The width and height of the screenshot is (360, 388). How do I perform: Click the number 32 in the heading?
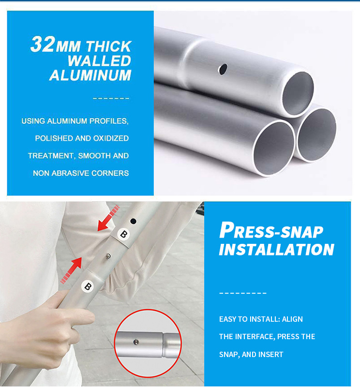tap(42, 45)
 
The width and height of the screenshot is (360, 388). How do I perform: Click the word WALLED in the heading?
tap(99, 60)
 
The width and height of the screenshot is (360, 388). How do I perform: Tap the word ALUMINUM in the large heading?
tap(90, 75)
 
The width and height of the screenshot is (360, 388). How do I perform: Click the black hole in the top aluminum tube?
tap(223, 69)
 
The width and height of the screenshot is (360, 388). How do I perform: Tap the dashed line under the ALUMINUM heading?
tap(111, 99)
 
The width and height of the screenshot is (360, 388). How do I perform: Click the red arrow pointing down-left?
tap(108, 218)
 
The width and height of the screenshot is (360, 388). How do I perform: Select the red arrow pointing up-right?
tap(71, 270)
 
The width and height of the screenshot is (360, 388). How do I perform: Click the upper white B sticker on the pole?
tap(123, 234)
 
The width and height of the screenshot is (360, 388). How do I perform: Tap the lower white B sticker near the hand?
tap(88, 286)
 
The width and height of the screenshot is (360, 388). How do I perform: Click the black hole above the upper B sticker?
tap(133, 221)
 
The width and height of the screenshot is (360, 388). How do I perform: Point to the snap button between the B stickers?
tap(108, 256)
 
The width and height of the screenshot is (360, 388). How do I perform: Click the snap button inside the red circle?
tap(136, 342)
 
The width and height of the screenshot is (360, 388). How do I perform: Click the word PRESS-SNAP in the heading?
tap(271, 230)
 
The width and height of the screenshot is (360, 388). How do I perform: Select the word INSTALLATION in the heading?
tap(277, 250)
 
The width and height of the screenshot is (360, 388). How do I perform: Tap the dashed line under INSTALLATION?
tap(243, 293)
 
